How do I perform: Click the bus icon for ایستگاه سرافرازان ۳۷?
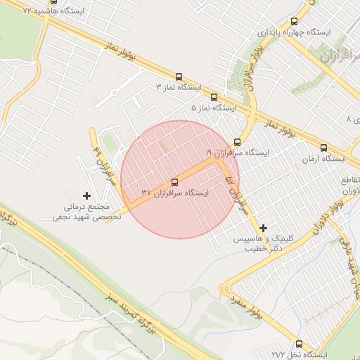tap(175, 182)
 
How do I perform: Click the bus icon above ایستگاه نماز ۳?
tap(178, 77)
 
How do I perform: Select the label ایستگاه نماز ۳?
tap(179, 87)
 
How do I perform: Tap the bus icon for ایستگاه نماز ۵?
tap(214, 98)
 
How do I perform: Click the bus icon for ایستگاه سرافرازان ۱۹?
tap(238, 142)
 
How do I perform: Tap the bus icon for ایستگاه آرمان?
tap(324, 148)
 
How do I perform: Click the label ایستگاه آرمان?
tap(324, 158)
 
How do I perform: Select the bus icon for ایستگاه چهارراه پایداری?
tap(294, 22)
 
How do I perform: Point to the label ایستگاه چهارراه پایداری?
tap(294, 32)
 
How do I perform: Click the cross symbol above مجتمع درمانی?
tap(87, 195)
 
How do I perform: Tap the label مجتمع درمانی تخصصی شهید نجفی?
tap(87, 212)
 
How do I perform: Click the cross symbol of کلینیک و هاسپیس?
tap(264, 227)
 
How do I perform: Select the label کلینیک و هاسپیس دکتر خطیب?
tap(264, 243)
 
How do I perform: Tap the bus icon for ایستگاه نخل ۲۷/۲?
tap(300, 345)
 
